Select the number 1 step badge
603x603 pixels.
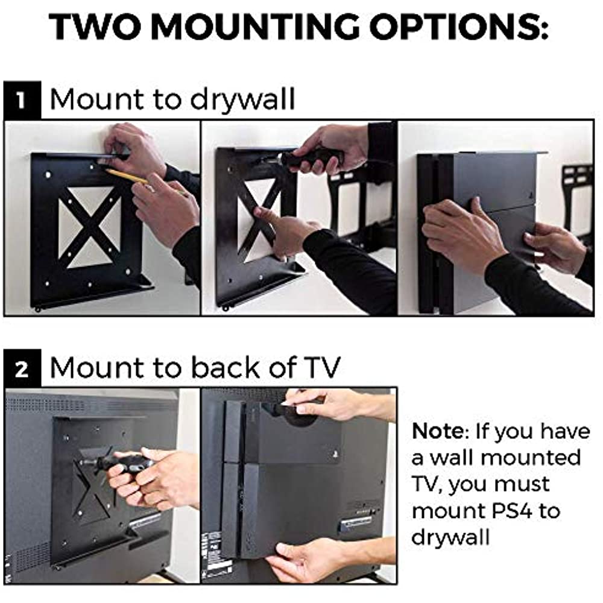[22, 99]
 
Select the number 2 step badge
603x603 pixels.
[22, 368]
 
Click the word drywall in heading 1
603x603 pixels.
[242, 99]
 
